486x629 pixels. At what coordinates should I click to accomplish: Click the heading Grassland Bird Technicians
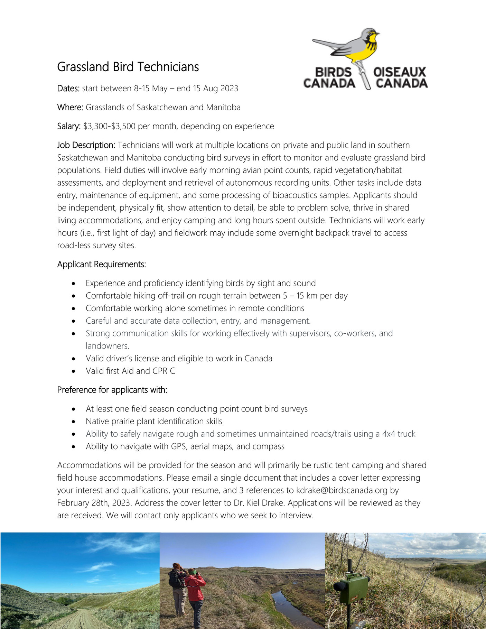[x=128, y=67]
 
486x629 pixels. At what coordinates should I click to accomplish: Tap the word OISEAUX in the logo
[x=399, y=72]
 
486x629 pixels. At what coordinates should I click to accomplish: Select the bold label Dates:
[x=68, y=89]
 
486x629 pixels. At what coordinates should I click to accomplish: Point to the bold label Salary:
[x=69, y=126]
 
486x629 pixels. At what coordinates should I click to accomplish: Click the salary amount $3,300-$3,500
[x=109, y=126]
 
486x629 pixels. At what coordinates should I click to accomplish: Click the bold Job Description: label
[x=86, y=145]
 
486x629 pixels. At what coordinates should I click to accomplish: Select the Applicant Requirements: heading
[x=102, y=265]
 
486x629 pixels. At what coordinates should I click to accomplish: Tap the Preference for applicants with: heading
[x=112, y=390]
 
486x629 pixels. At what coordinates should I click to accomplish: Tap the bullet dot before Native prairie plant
[x=73, y=422]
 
